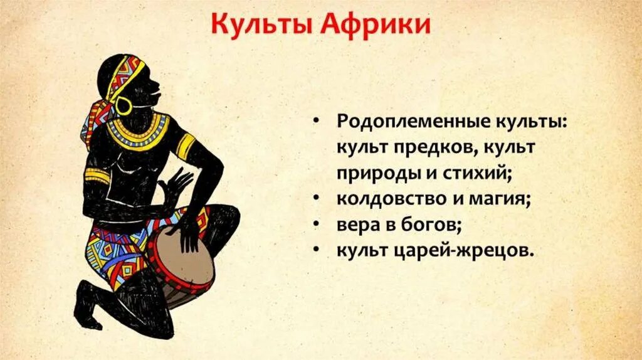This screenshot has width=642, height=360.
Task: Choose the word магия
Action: pyautogui.click(x=499, y=199)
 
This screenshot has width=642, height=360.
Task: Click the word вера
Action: pyautogui.click(x=356, y=225)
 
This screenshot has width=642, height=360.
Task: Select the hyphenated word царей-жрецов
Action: pyautogui.click(x=467, y=251)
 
